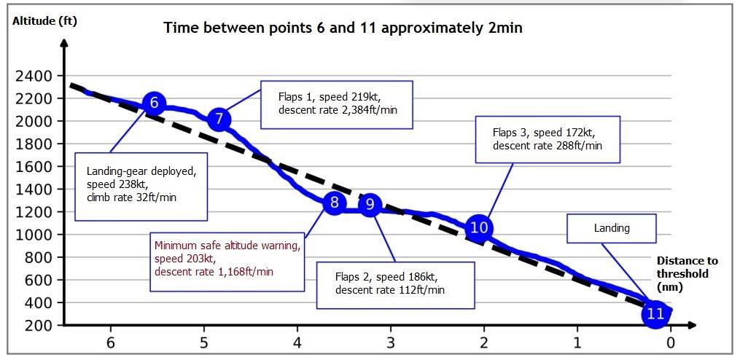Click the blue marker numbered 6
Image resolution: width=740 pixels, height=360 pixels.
coord(154,103)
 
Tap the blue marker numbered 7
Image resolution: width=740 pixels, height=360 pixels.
coord(219,120)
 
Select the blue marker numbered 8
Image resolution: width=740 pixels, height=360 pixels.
coord(334,203)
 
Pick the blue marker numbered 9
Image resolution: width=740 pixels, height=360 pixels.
coord(370,205)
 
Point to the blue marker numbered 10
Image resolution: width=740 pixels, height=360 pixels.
coord(479,227)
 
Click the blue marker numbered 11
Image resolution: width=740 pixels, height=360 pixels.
coord(655,314)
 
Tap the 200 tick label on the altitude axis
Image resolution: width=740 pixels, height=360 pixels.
coord(38,326)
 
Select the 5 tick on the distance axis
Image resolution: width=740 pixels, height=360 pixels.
coord(204,343)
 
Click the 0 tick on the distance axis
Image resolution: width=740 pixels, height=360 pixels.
coord(670,343)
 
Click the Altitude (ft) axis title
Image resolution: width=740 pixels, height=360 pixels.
coord(44,21)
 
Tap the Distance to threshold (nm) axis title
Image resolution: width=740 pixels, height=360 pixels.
coord(687,274)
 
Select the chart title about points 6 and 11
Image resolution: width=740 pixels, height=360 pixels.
coord(343,28)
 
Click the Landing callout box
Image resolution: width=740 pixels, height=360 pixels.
coord(611,228)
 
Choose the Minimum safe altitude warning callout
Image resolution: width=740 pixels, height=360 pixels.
coord(227,259)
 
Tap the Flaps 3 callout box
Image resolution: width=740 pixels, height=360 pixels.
coord(547,138)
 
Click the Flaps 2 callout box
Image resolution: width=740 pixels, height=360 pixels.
coord(395,283)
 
